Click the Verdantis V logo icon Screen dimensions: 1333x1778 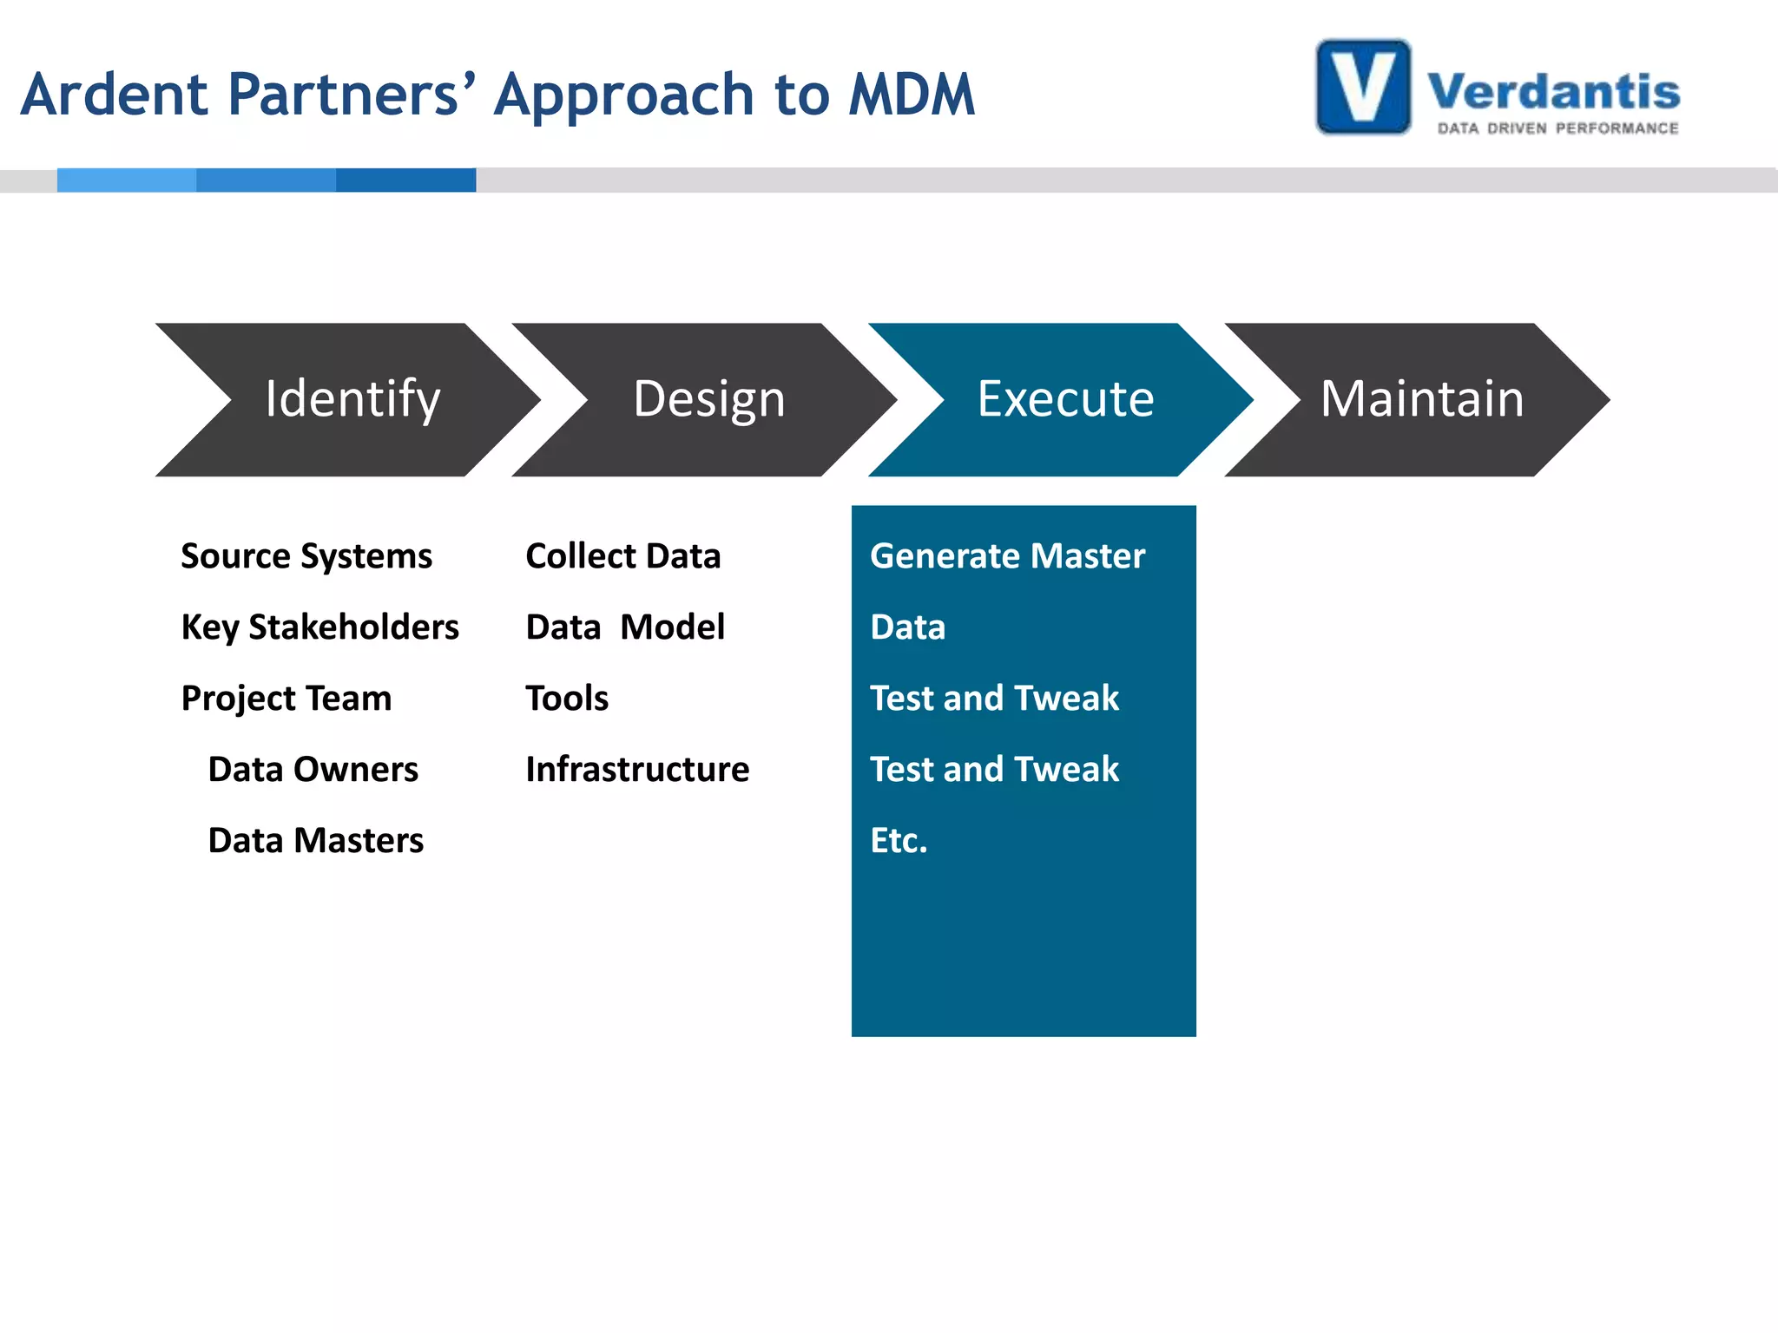click(1363, 88)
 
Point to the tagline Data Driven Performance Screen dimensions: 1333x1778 click(1557, 128)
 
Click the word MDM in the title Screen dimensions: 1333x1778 click(912, 95)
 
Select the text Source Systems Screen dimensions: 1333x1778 click(306, 556)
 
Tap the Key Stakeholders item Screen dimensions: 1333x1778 click(319, 627)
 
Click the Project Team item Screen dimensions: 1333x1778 click(286, 699)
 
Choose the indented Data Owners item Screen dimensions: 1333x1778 click(313, 770)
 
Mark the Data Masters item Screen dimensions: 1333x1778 click(316, 841)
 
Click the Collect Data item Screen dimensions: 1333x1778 click(623, 556)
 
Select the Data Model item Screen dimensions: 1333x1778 click(625, 627)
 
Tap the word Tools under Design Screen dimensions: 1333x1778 click(567, 699)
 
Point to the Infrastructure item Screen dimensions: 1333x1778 click(637, 770)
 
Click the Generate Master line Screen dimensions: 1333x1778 click(1007, 556)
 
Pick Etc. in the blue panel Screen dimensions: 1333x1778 click(899, 841)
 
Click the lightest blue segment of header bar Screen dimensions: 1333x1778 click(127, 181)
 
